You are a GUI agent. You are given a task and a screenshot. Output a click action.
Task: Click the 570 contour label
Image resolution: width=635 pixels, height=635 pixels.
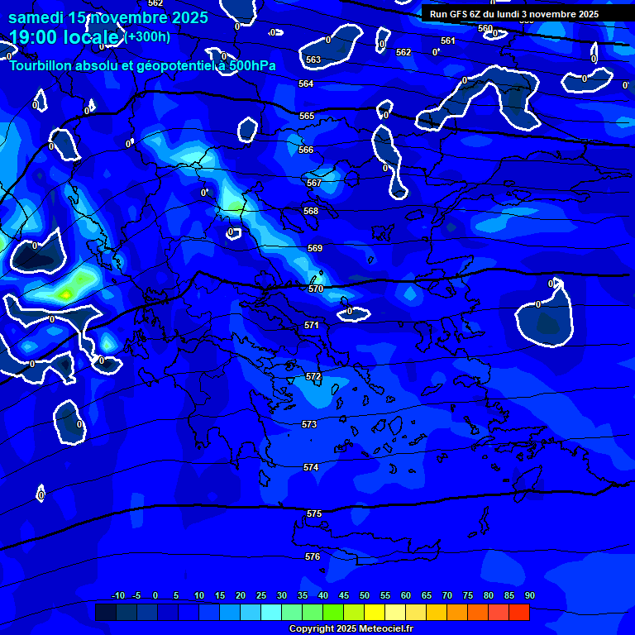pos(316,289)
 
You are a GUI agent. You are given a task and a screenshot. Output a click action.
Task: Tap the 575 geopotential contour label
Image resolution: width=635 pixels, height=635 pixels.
pos(314,513)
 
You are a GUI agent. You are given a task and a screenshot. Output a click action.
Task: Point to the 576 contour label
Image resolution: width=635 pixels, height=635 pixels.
pos(313,556)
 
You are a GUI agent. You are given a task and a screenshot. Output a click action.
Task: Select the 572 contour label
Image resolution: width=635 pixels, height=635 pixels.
pos(313,376)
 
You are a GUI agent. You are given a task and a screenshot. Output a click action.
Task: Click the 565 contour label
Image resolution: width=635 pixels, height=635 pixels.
pos(307,116)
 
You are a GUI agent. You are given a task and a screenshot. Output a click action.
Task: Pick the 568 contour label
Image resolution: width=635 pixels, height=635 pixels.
pos(311,211)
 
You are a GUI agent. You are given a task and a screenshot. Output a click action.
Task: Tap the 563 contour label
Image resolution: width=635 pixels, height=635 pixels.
pos(313,60)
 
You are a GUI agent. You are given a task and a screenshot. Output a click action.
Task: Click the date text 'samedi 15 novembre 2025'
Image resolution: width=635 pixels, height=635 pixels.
pos(108,17)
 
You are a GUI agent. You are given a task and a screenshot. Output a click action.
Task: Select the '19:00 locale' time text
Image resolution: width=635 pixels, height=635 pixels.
pos(64,37)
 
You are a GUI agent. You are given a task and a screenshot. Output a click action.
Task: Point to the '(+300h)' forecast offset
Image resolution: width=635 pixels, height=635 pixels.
pos(148,36)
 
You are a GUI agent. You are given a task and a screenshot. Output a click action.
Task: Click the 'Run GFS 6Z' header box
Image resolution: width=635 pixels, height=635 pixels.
pos(514,14)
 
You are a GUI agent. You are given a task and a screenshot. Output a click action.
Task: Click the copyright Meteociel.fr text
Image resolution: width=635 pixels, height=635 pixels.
pos(351,628)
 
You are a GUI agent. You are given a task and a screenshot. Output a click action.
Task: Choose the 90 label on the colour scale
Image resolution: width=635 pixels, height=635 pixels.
pos(530,595)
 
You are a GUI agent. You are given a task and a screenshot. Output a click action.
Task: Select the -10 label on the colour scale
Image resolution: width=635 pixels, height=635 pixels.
pos(118,595)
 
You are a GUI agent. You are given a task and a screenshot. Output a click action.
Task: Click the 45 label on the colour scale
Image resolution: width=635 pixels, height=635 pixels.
pos(344,595)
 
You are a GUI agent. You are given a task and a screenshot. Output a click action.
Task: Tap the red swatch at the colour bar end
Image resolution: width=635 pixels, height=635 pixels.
pos(519,612)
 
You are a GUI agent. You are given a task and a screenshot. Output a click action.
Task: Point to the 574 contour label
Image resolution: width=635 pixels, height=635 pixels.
pos(311,467)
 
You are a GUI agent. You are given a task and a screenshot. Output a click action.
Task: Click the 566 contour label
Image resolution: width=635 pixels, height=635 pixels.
pos(306,150)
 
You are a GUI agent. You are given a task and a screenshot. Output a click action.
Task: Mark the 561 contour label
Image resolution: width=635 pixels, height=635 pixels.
pos(448,41)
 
